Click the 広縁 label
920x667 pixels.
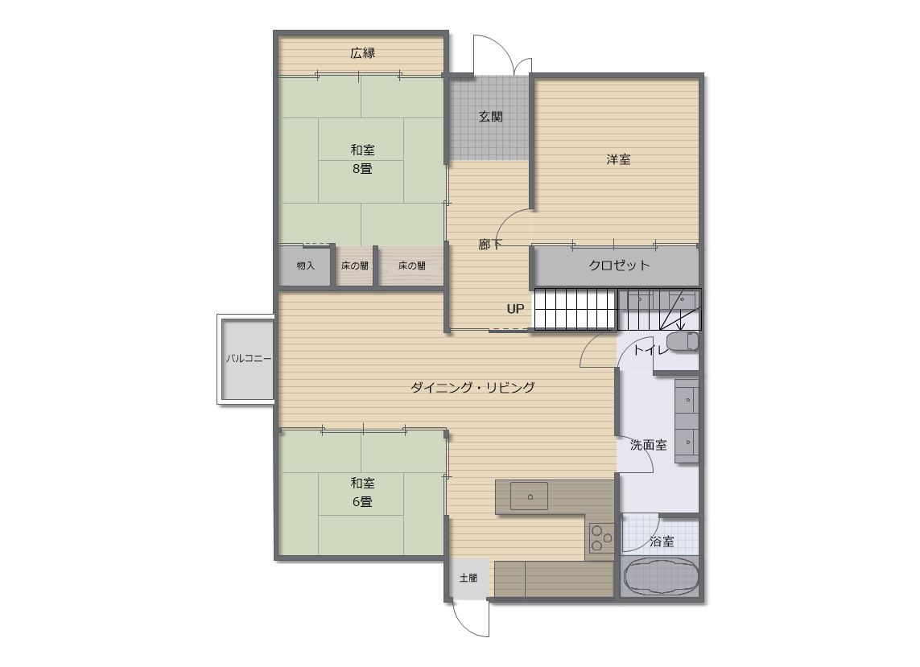(362, 53)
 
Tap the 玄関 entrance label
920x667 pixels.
(490, 116)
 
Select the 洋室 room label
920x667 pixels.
(618, 159)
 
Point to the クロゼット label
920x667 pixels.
(619, 266)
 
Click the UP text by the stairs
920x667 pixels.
(515, 309)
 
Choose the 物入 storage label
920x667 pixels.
(306, 266)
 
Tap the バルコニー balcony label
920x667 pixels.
(249, 358)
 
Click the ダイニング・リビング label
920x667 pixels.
(472, 387)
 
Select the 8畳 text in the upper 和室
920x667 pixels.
(362, 168)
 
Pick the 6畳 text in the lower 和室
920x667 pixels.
(362, 501)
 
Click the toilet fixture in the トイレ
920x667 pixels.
(683, 341)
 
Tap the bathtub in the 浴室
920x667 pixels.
(661, 576)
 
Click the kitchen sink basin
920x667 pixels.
(530, 496)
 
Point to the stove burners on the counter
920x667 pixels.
(602, 537)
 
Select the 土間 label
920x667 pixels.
(468, 578)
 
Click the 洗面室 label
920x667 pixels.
(648, 445)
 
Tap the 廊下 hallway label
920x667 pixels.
(490, 244)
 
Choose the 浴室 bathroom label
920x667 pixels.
(662, 541)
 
